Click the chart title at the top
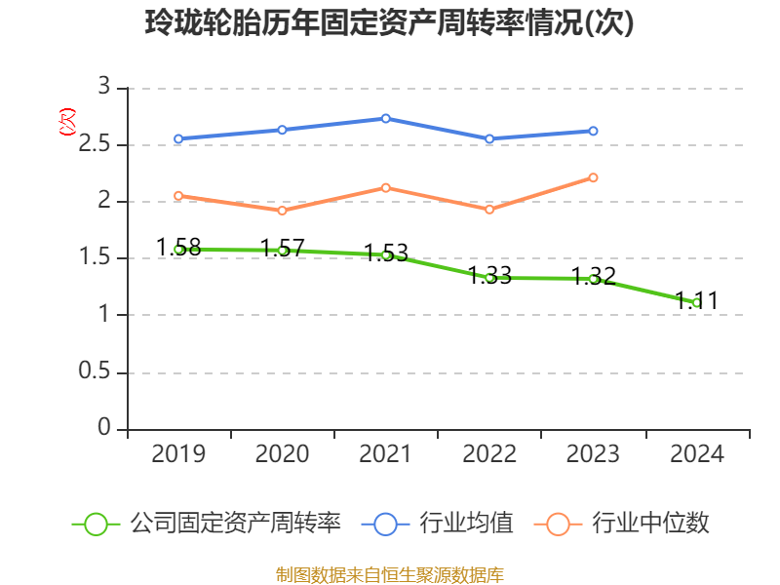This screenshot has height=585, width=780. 389,22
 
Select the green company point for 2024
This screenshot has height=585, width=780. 696,303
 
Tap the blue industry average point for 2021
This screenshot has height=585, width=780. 386,118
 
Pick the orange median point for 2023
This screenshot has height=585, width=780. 593,177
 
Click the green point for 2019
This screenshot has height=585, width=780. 178,250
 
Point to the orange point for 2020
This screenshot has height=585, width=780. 282,211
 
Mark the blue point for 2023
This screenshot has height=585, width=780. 593,131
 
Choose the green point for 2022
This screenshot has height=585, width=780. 489,278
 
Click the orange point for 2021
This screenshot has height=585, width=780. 386,187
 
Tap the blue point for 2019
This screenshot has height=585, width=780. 178,138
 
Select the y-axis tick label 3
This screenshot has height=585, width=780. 104,88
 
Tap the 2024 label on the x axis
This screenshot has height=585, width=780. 696,454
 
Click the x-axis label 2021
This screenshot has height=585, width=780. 386,454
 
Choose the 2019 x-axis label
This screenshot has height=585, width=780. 178,454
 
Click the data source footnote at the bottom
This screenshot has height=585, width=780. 389,574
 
